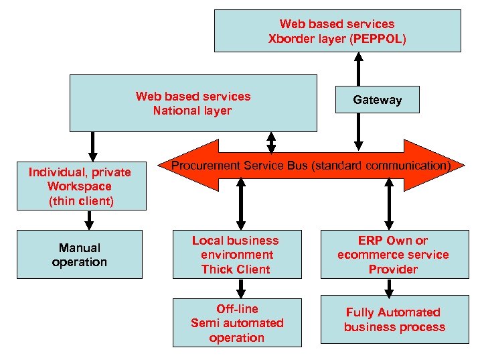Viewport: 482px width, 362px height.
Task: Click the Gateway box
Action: [377, 100]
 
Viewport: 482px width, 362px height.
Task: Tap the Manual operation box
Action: [79, 255]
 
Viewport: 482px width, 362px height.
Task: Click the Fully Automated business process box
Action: [394, 320]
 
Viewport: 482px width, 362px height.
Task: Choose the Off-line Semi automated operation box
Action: [237, 323]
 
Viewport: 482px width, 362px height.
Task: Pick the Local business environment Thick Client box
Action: [236, 255]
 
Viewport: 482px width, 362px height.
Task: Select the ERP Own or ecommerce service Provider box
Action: [393, 255]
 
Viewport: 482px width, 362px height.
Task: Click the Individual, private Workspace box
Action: [80, 186]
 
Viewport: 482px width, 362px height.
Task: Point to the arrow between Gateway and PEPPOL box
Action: [359, 68]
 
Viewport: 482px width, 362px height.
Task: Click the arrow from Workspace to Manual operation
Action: [89, 220]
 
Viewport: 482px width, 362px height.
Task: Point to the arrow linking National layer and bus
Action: [271, 141]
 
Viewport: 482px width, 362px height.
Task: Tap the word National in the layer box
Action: [176, 111]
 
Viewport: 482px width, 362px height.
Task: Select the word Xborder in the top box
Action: [289, 39]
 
